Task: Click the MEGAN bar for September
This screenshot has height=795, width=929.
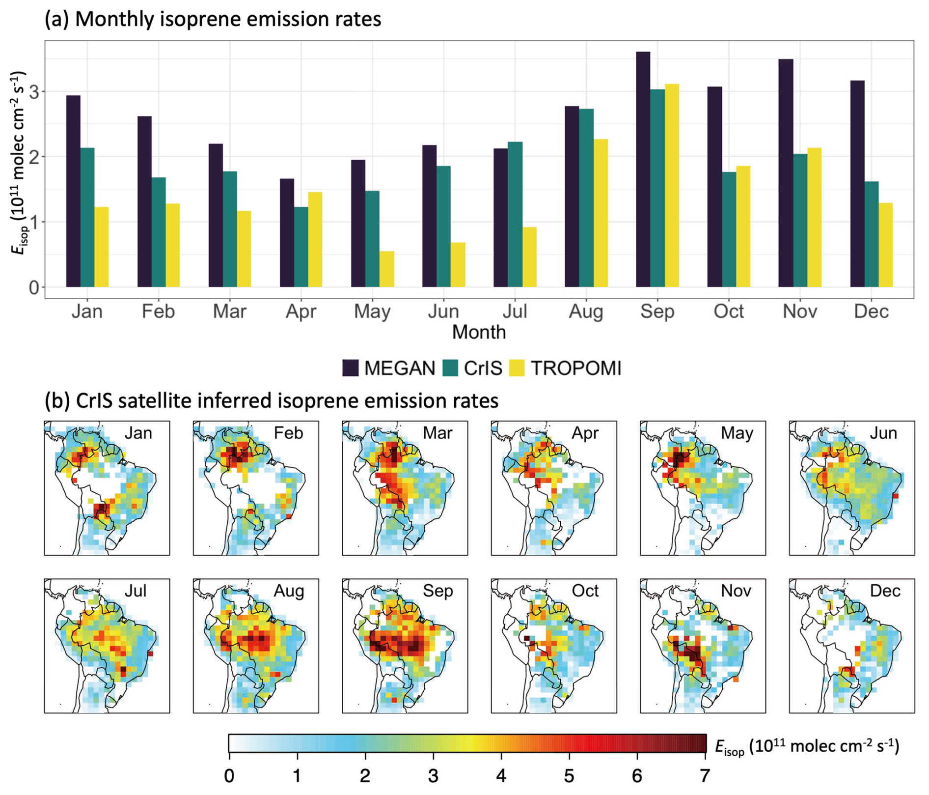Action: tap(643, 170)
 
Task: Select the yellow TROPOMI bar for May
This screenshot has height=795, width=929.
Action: tap(386, 269)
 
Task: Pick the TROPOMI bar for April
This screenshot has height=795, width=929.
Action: tap(315, 240)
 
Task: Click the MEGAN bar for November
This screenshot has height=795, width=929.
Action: tap(786, 173)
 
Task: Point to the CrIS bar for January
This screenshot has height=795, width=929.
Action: tap(87, 217)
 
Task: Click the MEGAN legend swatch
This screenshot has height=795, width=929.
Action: tap(351, 368)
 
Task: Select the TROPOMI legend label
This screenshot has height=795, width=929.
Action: tap(576, 368)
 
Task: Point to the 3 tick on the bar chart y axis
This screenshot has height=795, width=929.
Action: tap(34, 92)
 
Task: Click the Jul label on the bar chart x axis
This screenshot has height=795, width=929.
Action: tap(515, 311)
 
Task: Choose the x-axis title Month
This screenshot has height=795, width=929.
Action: tap(479, 332)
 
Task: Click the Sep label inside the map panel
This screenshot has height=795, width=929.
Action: tap(437, 591)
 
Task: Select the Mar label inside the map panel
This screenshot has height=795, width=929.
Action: tap(437, 433)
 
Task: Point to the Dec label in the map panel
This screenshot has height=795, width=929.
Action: tap(885, 591)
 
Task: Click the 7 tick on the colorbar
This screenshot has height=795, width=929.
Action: tap(705, 776)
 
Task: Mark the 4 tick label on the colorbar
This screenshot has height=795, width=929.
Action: tap(501, 776)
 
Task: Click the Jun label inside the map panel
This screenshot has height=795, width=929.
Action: tap(883, 433)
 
